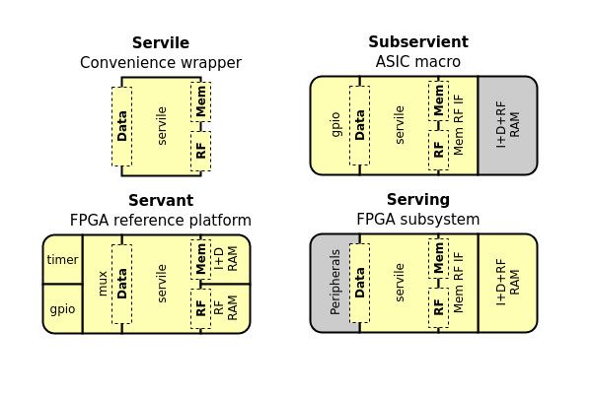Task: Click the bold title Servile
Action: point(161,43)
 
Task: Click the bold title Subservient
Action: point(417,42)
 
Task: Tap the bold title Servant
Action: point(161,201)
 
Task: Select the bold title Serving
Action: point(417,200)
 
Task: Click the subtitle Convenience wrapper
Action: point(161,63)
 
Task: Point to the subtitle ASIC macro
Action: point(417,62)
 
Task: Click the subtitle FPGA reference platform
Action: point(161,220)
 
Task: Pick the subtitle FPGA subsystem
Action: point(417,219)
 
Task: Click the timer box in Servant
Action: point(62,260)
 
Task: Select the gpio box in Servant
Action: point(62,308)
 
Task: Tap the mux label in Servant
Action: point(103,284)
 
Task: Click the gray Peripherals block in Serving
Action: point(334,283)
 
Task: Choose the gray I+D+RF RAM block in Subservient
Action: point(507,126)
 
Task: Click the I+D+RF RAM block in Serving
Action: point(507,283)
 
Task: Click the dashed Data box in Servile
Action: point(122,126)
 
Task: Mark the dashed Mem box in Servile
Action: point(200,101)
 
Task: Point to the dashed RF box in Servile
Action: point(200,151)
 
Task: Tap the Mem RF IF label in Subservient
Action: point(459,126)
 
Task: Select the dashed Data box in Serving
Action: point(359,283)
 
